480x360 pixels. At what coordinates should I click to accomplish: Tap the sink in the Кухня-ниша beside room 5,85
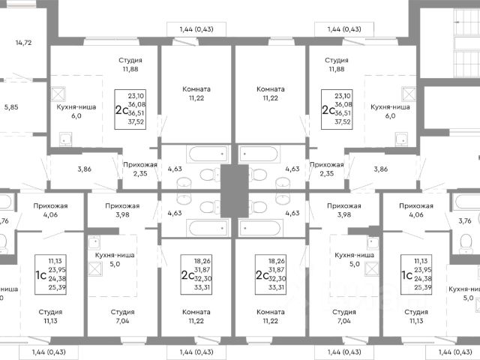coord(65,138)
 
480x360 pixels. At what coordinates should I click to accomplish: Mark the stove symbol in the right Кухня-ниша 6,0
coord(408,94)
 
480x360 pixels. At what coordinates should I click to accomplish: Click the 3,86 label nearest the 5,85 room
coord(85,169)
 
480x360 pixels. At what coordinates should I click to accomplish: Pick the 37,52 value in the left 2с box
coord(136,120)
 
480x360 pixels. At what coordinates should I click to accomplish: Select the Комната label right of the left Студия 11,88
coord(196,88)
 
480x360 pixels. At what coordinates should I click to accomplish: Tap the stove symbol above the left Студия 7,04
coord(95,241)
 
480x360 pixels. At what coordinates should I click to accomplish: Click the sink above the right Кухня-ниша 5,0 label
coord(373,241)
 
